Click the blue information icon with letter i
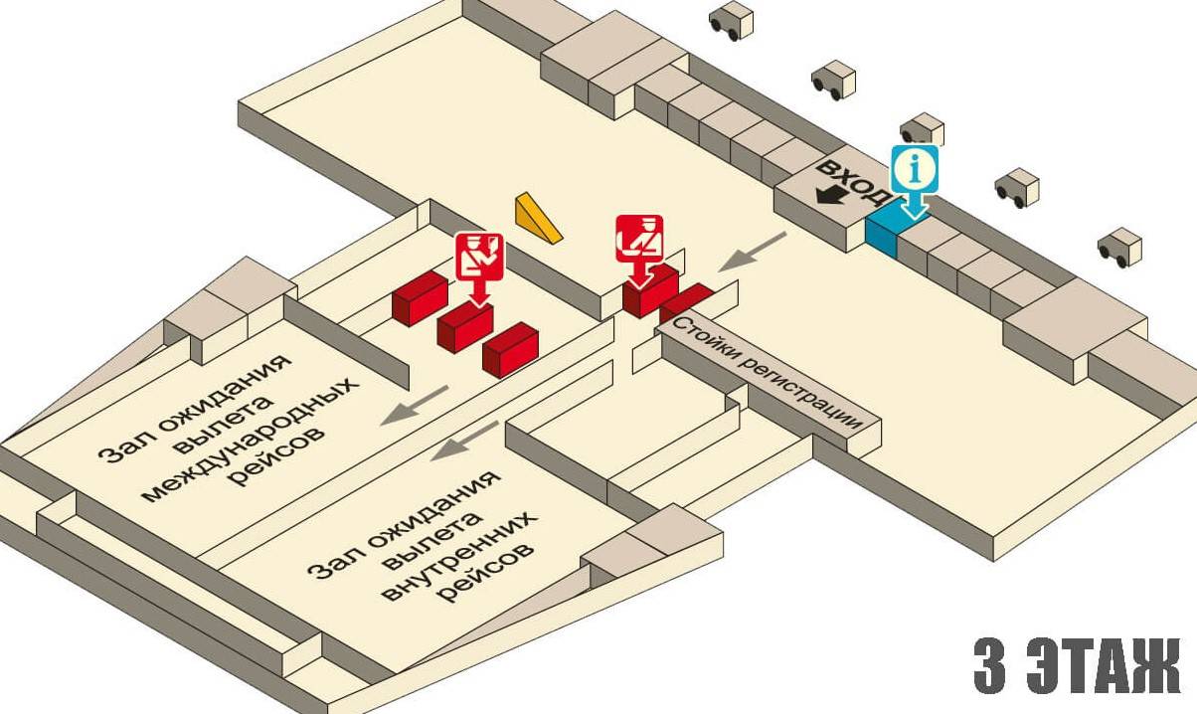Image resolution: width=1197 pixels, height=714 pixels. click(915, 171)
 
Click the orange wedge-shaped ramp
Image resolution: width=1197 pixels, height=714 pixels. click(538, 219)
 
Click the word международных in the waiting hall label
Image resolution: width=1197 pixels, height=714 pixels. click(249, 439)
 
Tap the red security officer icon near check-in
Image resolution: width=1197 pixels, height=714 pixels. click(638, 239)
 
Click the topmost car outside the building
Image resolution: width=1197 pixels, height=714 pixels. click(731, 21)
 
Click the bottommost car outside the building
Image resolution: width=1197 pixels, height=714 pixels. click(1119, 248)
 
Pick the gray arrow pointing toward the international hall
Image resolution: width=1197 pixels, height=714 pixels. click(412, 405)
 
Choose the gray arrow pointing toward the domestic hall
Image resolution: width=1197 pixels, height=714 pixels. click(466, 441)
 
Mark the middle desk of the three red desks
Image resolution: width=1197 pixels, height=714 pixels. click(465, 326)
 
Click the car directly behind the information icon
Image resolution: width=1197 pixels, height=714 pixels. click(922, 129)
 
